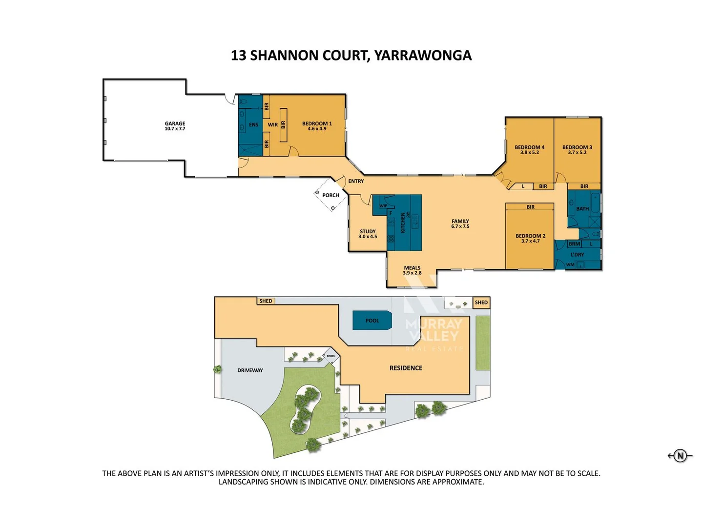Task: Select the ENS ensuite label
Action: click(x=253, y=125)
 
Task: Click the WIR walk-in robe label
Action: click(x=272, y=125)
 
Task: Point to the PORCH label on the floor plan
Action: click(x=331, y=195)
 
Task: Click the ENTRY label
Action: click(x=356, y=181)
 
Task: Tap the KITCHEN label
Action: click(x=403, y=223)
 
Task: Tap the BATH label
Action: click(x=582, y=209)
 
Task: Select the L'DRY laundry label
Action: click(x=578, y=255)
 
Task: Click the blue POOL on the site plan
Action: click(x=372, y=321)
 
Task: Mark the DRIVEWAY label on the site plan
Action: click(x=250, y=370)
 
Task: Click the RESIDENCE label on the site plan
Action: click(x=406, y=368)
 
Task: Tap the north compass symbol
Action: click(x=680, y=455)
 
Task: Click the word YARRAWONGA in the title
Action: click(x=423, y=56)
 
